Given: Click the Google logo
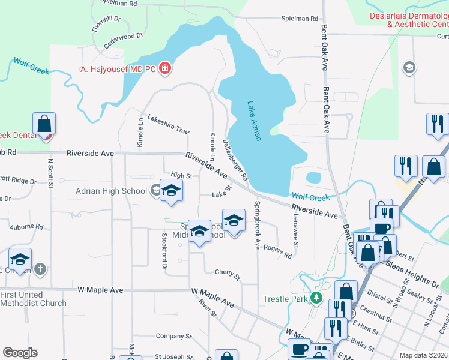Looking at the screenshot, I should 20,353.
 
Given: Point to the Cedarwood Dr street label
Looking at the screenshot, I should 123,40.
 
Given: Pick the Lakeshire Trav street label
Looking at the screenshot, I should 168,123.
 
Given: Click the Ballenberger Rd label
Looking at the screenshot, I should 235,160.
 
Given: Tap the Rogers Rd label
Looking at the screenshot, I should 277,251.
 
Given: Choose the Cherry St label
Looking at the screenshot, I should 228,275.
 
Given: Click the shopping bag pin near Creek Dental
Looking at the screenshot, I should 44,124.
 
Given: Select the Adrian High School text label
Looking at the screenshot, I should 111,191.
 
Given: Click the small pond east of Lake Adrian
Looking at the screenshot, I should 313,178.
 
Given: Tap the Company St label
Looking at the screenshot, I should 173,337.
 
